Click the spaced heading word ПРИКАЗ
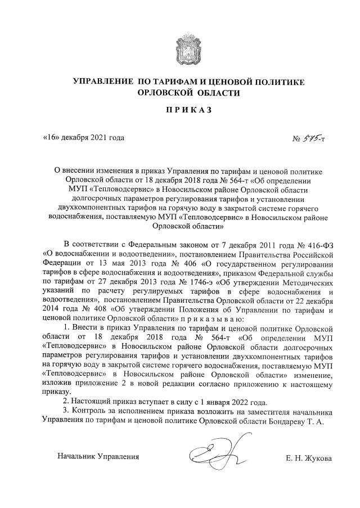(180, 110)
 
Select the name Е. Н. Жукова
(308, 457)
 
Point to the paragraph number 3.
(66, 412)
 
